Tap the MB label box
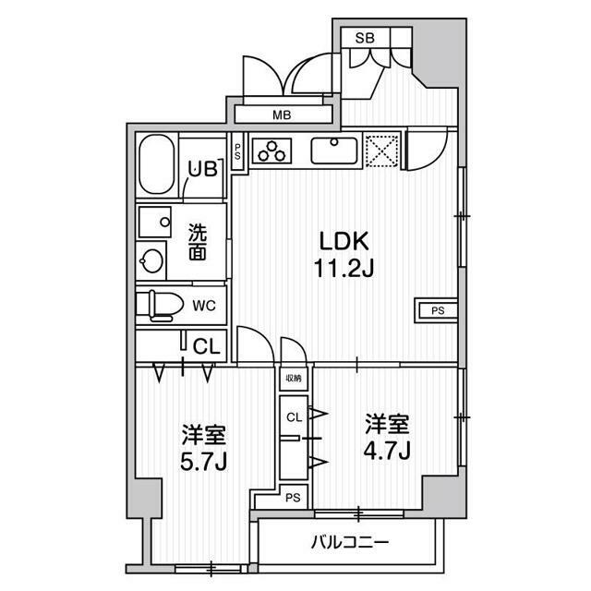[x=282, y=115]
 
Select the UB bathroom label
[x=202, y=169]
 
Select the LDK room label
[x=344, y=242]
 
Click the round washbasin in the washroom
[x=151, y=259]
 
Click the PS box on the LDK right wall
[x=437, y=310]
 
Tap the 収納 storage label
[x=293, y=378]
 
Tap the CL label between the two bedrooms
[x=293, y=417]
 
